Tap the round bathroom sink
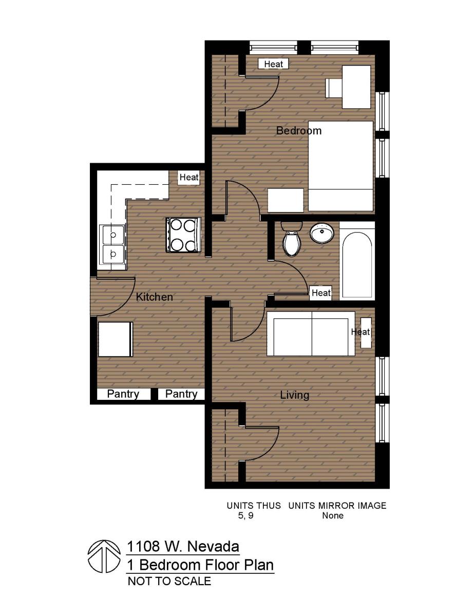(x=322, y=234)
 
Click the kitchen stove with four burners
(x=183, y=235)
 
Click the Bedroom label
(x=299, y=130)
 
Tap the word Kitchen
(x=154, y=297)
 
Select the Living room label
(x=295, y=395)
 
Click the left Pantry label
(x=123, y=394)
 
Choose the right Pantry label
(x=181, y=394)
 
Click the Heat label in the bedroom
(x=273, y=64)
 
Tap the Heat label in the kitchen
(x=189, y=177)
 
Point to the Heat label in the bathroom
(x=321, y=293)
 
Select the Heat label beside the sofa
(x=360, y=332)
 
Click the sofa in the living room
(x=311, y=334)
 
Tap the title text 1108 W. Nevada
(x=183, y=546)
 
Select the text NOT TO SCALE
(x=169, y=582)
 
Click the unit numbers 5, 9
(x=245, y=516)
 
